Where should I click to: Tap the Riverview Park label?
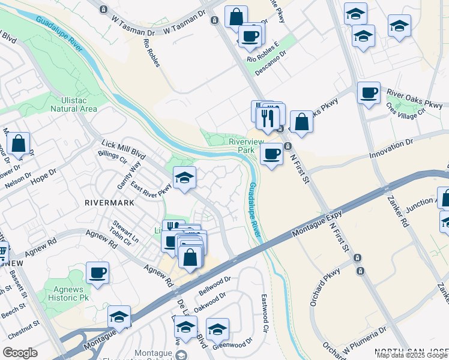click(x=246, y=145)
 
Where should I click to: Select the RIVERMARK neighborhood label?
click(x=109, y=203)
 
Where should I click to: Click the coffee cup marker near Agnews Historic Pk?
click(x=97, y=272)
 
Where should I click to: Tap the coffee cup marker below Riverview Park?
click(x=271, y=155)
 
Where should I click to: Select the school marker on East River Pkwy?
click(x=184, y=178)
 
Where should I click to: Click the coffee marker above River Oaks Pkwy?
click(x=369, y=93)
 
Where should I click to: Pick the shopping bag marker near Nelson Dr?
click(x=19, y=144)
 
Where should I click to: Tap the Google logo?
click(x=20, y=353)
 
